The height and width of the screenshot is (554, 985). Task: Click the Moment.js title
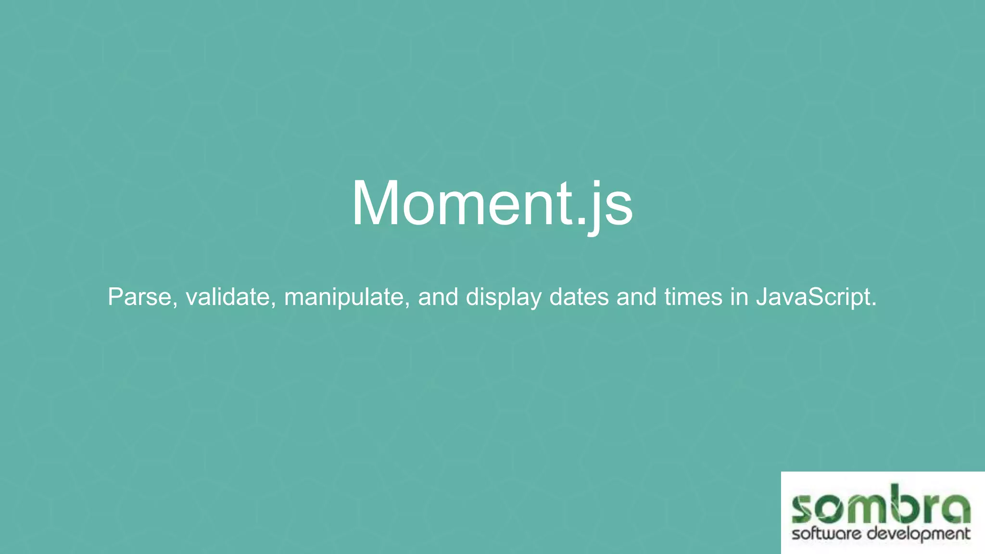492,203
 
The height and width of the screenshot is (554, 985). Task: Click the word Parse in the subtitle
139,297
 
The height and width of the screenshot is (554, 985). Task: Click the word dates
579,297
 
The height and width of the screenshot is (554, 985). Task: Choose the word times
693,297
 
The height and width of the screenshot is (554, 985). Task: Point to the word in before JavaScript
739,297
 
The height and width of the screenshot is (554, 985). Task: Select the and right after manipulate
438,297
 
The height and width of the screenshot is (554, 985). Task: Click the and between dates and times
636,297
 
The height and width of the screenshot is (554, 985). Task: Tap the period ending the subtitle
874,304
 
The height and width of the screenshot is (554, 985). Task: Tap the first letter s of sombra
804,510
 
